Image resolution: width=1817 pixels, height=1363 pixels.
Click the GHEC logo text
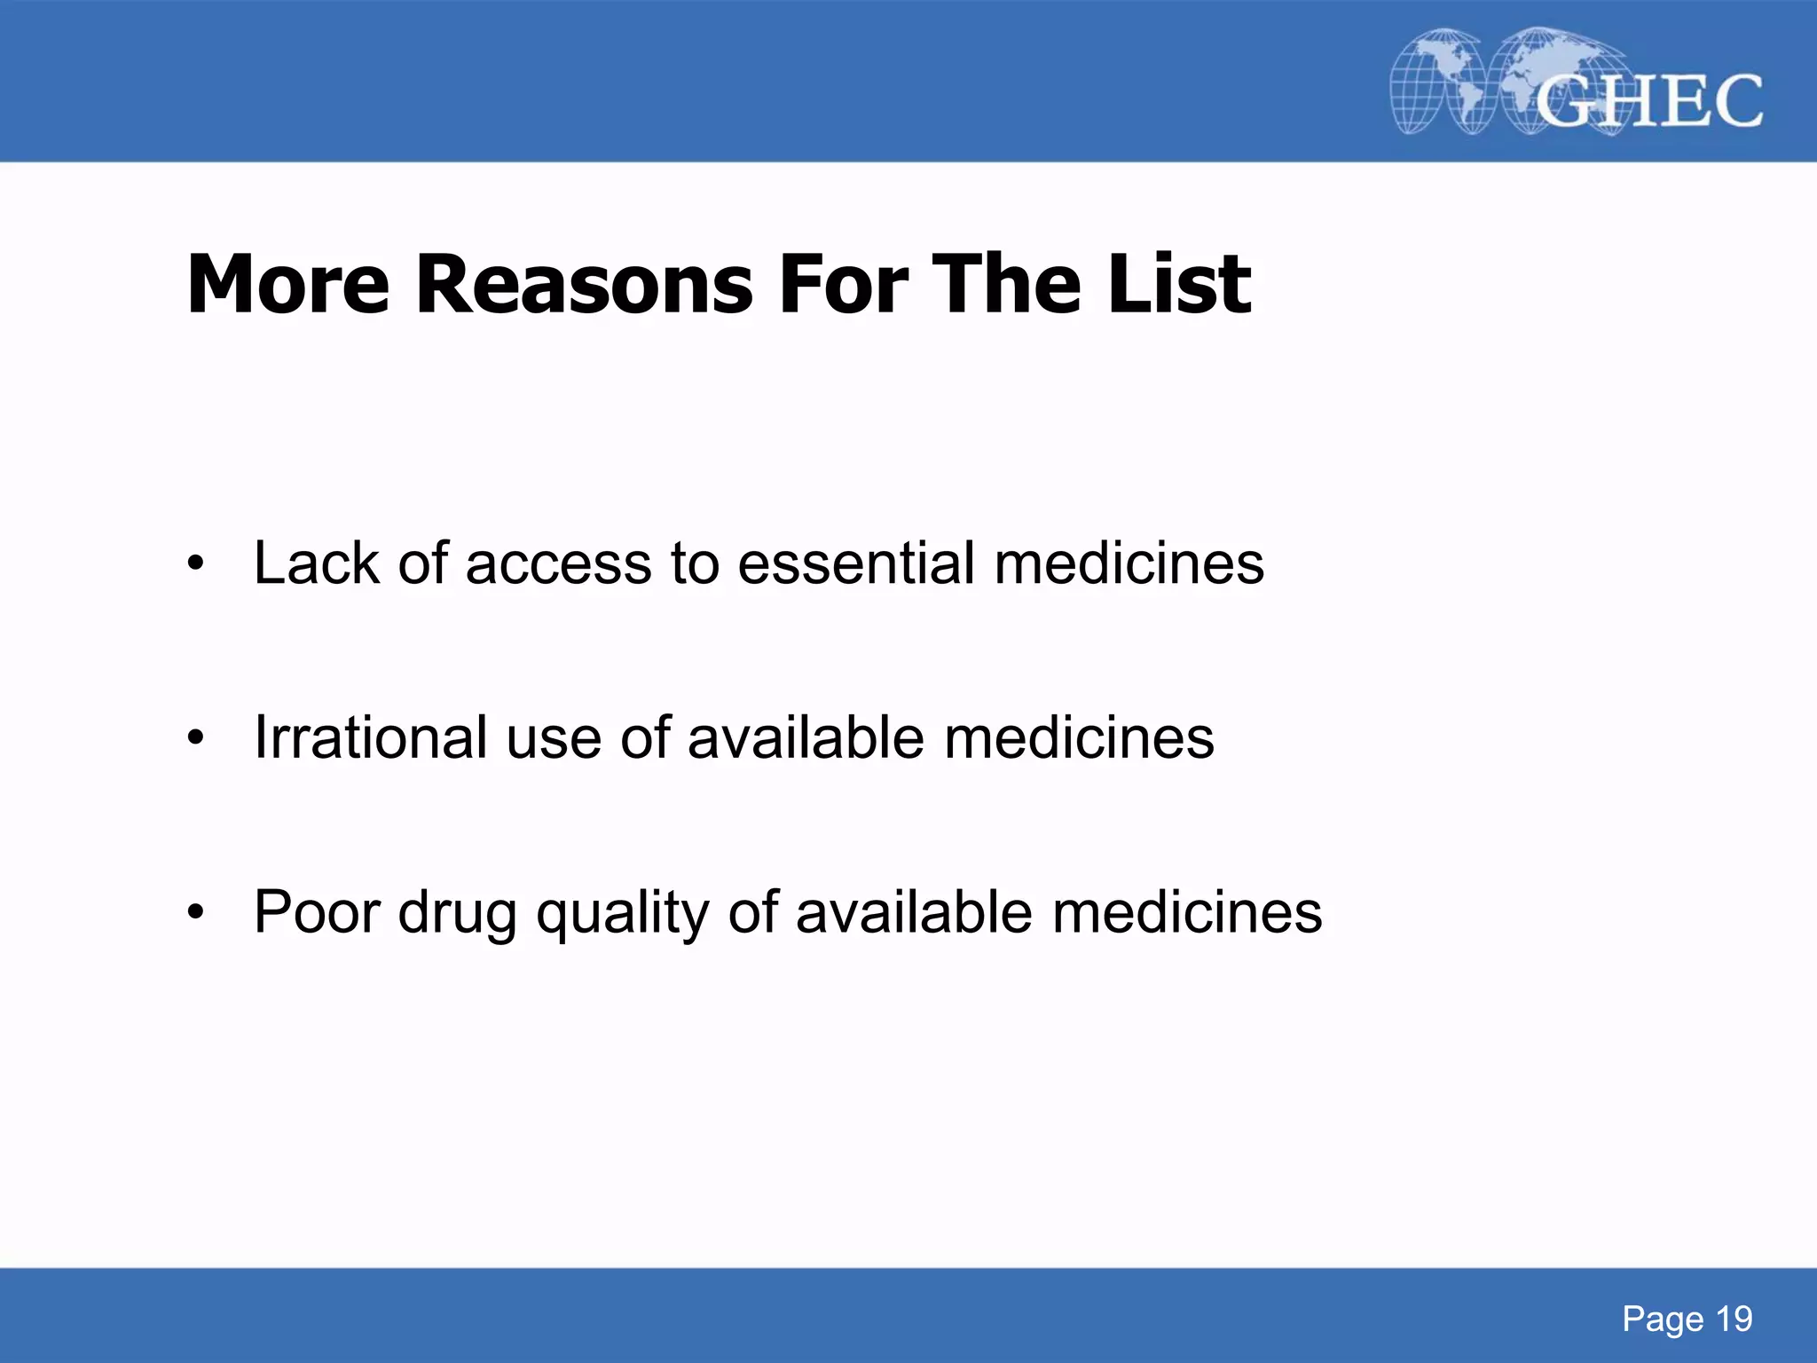pyautogui.click(x=1648, y=101)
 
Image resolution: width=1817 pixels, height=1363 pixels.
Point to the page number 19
pyautogui.click(x=1734, y=1320)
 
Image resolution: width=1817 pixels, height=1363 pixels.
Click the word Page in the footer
pyautogui.click(x=1663, y=1320)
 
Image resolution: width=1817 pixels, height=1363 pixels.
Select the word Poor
pyautogui.click(x=317, y=911)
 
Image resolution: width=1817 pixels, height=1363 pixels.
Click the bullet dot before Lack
pyautogui.click(x=195, y=563)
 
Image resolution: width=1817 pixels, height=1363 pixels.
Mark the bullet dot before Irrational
pyautogui.click(x=195, y=737)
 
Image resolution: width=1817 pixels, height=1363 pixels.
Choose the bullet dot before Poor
pyautogui.click(x=195, y=912)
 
